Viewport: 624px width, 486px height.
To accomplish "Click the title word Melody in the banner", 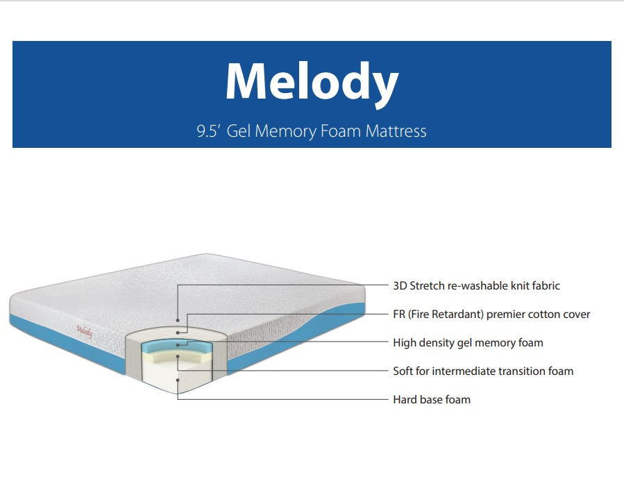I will (312, 82).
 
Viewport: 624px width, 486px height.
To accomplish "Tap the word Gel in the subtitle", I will (239, 131).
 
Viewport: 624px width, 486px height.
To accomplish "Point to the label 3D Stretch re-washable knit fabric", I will (476, 285).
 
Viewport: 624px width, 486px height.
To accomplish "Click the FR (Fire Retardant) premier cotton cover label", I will (491, 314).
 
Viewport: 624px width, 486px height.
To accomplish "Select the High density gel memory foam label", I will (468, 342).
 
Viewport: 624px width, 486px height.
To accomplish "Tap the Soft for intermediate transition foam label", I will (483, 371).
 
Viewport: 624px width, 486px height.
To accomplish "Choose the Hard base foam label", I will (432, 399).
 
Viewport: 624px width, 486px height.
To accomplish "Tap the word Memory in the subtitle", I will (285, 131).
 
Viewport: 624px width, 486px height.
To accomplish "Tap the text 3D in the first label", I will (400, 285).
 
